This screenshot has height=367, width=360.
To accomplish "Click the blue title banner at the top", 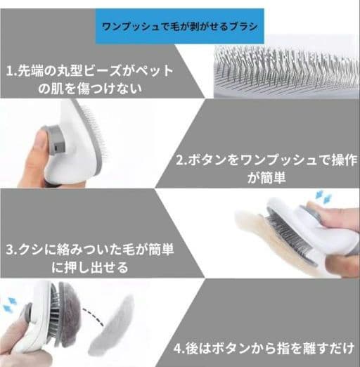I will coord(180,26).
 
